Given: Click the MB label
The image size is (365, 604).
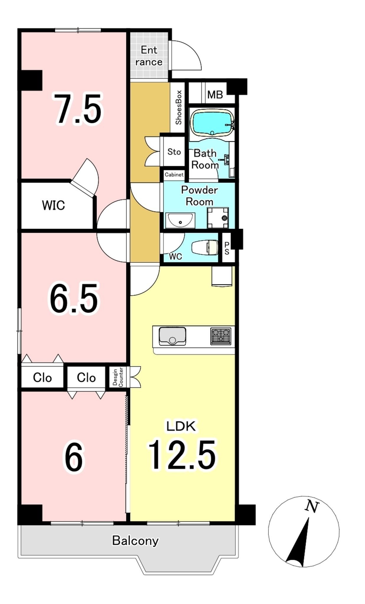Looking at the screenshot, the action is click(215, 95).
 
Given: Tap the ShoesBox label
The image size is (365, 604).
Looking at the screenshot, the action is click(178, 107).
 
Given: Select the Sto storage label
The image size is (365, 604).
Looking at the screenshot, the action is click(174, 152).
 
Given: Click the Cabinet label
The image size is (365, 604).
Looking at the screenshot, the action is click(174, 175).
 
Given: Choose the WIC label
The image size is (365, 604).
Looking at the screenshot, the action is click(53, 205).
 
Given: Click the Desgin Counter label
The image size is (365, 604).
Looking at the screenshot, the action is click(118, 377).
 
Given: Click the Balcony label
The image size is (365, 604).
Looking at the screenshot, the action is click(135, 540).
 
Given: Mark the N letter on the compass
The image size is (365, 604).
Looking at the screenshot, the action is click(312, 506).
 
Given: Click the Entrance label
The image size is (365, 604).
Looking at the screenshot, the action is click(149, 56).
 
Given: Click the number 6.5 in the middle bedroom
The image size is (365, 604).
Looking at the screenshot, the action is click(74, 298).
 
